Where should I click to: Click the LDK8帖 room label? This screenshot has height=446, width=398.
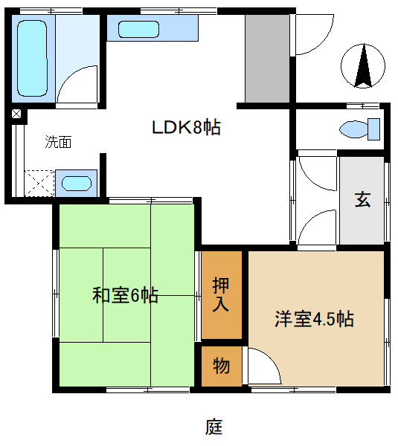click(186, 127)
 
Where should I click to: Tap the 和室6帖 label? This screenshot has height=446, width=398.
click(125, 295)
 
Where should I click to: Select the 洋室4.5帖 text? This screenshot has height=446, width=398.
click(313, 320)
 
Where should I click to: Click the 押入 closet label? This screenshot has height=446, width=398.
click(221, 294)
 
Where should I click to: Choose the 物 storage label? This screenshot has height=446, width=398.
click(221, 366)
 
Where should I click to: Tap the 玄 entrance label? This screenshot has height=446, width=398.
click(362, 199)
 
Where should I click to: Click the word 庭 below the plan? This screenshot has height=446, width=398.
click(214, 427)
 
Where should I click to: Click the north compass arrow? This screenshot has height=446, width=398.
click(363, 65)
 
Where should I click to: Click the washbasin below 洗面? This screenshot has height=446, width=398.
click(76, 183)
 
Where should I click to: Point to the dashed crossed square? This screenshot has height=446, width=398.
click(41, 183)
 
